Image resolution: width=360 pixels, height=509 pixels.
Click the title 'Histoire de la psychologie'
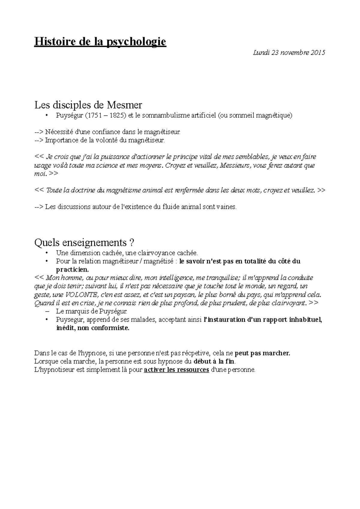(100, 41)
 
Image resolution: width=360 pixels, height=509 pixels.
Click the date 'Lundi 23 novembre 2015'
(289, 53)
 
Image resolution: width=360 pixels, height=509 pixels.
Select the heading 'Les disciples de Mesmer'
(88, 105)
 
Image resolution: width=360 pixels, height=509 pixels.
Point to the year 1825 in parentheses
(116, 115)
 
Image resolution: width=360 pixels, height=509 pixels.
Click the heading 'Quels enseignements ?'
(85, 242)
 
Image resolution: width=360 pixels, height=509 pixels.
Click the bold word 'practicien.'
(73, 269)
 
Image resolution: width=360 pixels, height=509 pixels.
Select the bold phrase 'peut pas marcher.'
(262, 353)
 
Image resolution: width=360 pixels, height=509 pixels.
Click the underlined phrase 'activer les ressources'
(176, 370)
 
